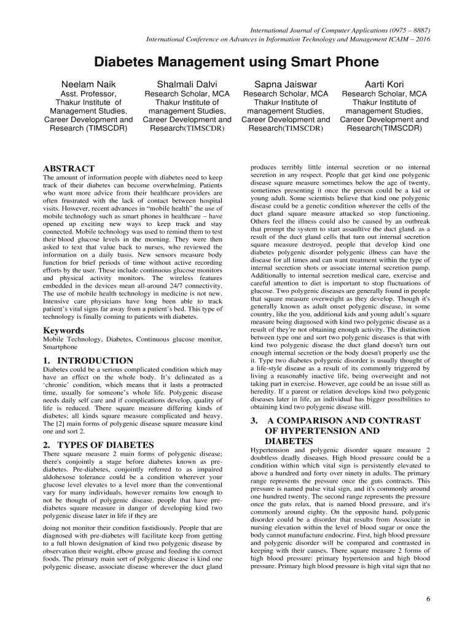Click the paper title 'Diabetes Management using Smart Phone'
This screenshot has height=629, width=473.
[237, 62]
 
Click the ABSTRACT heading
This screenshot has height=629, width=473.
[68, 168]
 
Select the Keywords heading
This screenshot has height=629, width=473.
[63, 330]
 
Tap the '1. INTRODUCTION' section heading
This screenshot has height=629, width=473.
[88, 360]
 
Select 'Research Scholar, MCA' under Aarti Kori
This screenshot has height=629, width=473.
[384, 94]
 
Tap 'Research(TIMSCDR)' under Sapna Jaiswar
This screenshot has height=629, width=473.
[286, 128]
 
